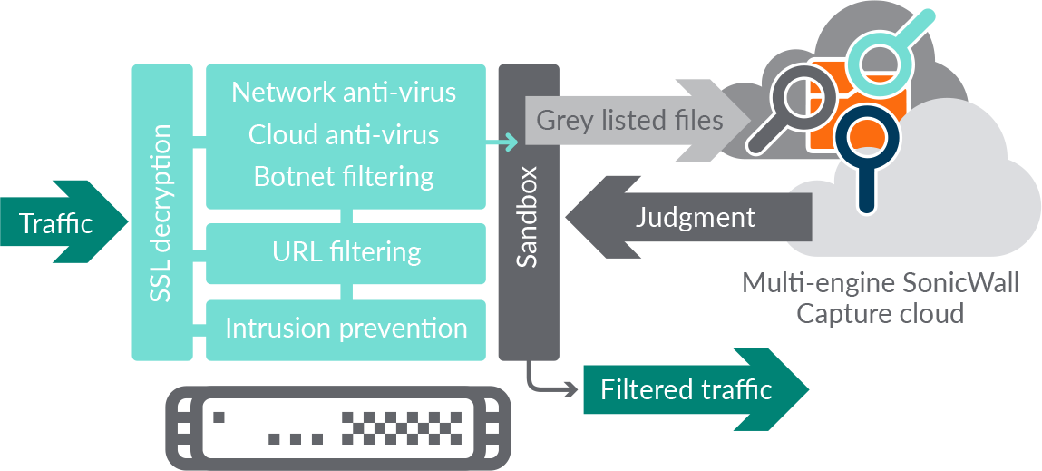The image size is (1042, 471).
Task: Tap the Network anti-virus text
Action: click(344, 93)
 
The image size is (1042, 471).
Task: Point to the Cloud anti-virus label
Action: click(344, 135)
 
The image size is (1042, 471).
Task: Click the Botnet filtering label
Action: click(344, 175)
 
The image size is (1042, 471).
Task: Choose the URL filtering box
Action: click(346, 251)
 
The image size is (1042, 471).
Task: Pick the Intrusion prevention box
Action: click(346, 328)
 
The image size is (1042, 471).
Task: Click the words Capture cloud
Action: click(880, 314)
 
